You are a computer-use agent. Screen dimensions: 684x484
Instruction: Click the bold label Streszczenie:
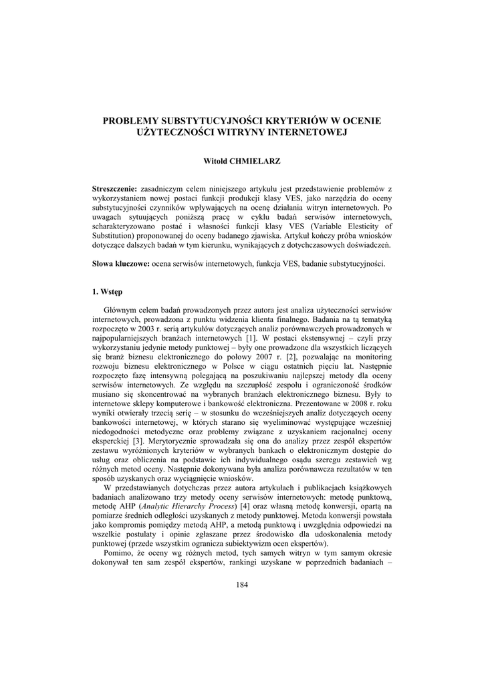[x=114, y=190]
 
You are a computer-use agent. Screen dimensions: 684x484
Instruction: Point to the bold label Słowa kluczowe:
[x=121, y=265]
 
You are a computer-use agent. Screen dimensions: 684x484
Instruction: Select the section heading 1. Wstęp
[x=107, y=292]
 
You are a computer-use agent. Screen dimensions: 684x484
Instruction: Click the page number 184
[x=242, y=586]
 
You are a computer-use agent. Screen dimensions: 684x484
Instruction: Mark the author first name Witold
[x=215, y=161]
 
